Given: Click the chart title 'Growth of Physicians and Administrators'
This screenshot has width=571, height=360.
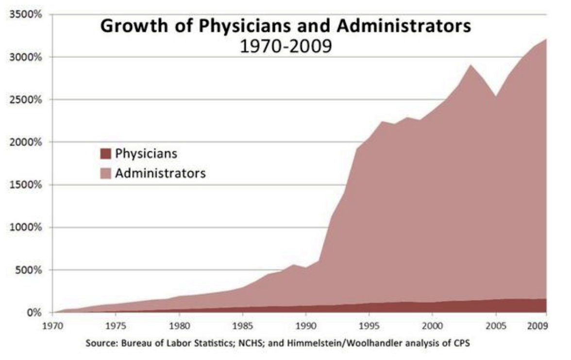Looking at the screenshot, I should click(285, 27).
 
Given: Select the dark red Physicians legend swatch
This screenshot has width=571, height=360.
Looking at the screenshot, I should click(105, 154).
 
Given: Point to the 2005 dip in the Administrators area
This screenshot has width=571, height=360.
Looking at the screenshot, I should click(496, 96).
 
